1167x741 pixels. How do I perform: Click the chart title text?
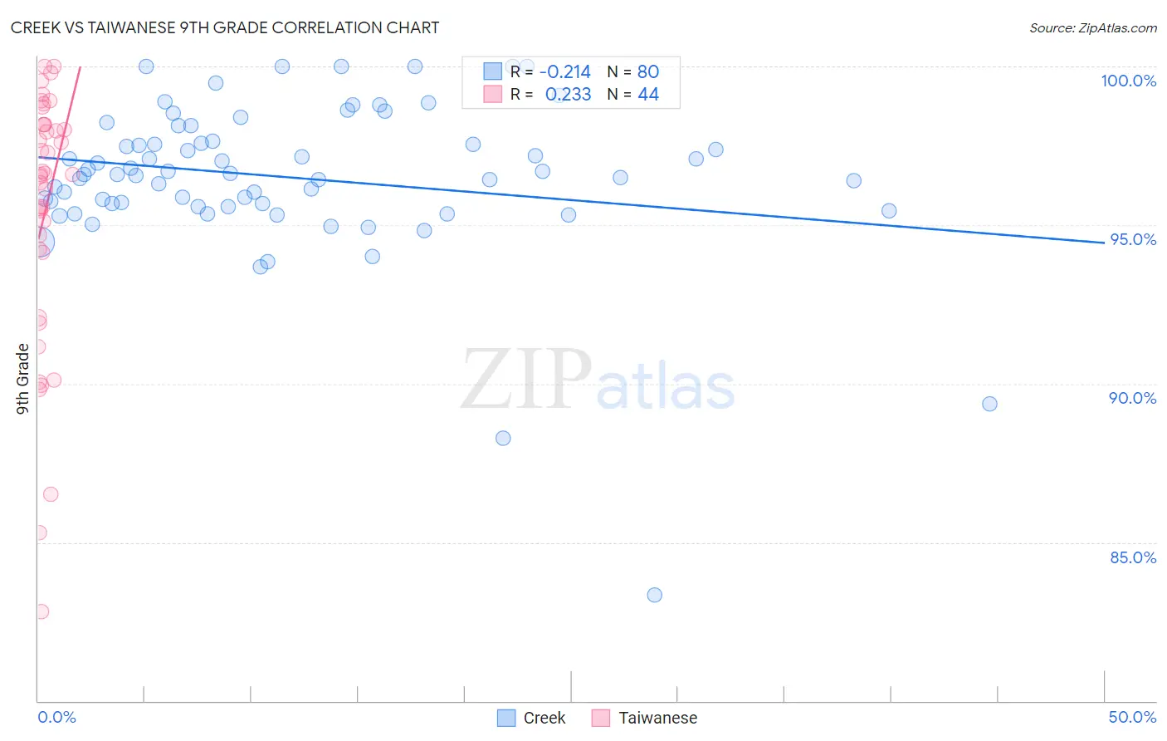tap(225, 27)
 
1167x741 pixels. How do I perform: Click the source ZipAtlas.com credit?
tap(1092, 27)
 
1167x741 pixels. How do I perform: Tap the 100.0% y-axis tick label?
tap(1128, 81)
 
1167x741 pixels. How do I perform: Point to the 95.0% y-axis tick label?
tap(1132, 239)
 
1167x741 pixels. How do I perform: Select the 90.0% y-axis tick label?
tap(1132, 398)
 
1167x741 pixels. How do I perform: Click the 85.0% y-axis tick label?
tap(1132, 557)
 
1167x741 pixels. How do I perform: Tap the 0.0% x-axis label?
tap(56, 717)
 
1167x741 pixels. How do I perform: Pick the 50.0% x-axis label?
tap(1132, 717)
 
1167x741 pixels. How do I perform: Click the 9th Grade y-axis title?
tap(22, 378)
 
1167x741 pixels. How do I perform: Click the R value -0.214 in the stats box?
tap(565, 72)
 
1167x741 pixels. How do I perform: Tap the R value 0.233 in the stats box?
tap(568, 95)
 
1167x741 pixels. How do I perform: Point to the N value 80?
tap(648, 72)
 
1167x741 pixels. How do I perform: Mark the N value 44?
tap(648, 95)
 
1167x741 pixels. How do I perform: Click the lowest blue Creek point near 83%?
tap(655, 595)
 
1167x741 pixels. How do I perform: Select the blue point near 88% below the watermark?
tap(503, 438)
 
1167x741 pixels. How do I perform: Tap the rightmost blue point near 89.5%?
tap(989, 404)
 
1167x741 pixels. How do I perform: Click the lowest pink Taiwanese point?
tap(42, 611)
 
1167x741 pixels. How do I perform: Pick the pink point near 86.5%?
tap(51, 494)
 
